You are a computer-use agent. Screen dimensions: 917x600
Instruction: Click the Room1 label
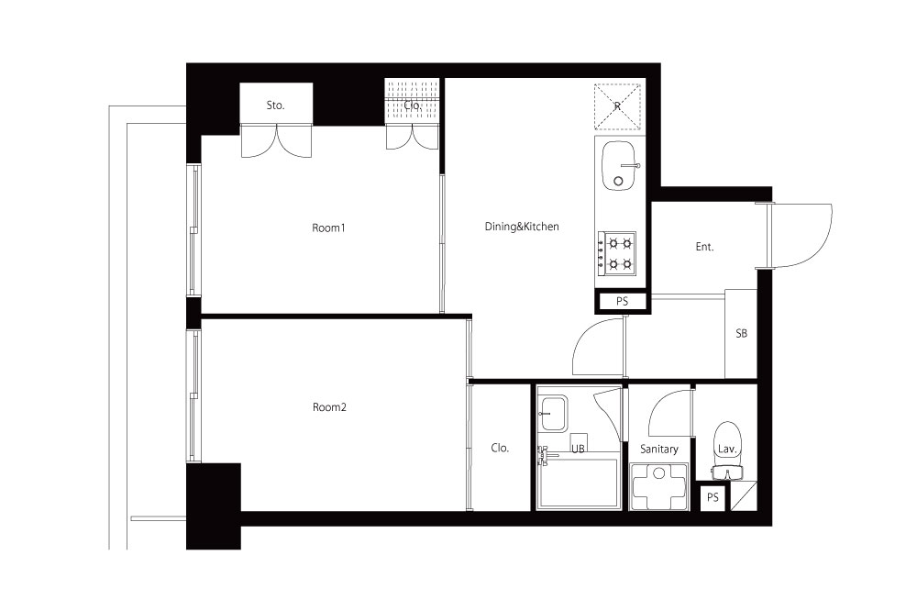point(328,228)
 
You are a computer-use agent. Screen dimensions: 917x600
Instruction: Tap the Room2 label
point(329,406)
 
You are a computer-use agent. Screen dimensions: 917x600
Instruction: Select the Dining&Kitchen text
point(522,227)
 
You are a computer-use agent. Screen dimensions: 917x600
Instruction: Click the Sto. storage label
point(275,106)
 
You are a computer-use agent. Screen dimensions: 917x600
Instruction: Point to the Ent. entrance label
point(704,247)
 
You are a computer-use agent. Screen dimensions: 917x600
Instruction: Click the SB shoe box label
point(741,333)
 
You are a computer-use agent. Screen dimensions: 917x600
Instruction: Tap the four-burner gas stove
point(616,253)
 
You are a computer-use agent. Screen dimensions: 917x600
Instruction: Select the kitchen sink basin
point(618,166)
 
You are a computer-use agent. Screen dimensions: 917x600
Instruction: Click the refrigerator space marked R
point(617,106)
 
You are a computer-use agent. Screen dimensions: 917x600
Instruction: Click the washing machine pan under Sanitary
point(659,486)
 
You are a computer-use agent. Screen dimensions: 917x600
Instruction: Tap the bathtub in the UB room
point(579,483)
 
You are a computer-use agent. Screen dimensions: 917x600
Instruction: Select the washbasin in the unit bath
point(552,414)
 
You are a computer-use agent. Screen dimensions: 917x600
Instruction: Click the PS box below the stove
point(623,302)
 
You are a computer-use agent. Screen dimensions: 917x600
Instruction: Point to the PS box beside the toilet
point(713,497)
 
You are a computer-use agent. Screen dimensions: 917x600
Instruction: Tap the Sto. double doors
point(276,141)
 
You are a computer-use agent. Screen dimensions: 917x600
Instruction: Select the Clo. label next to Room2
point(500,448)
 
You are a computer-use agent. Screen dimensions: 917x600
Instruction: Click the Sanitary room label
point(659,449)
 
